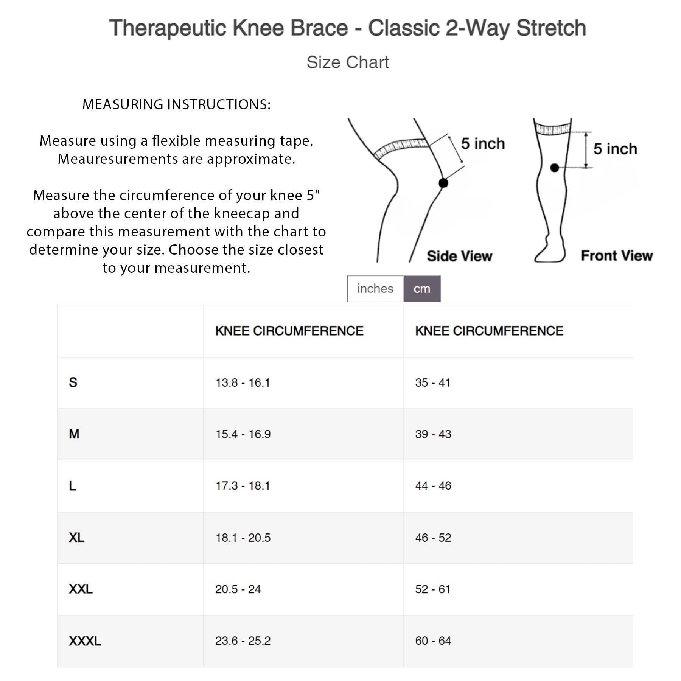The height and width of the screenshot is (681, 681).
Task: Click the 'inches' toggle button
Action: tap(375, 289)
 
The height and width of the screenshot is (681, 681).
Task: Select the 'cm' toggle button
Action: tap(422, 289)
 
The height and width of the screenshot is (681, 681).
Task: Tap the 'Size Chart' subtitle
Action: tap(347, 62)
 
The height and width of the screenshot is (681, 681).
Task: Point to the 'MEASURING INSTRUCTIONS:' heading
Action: tap(176, 104)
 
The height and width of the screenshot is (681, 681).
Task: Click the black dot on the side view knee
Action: tap(443, 183)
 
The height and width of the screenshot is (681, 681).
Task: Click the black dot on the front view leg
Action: tap(554, 168)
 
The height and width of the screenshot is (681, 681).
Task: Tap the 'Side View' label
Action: tap(459, 256)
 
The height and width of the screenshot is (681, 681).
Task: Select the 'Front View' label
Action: tap(617, 256)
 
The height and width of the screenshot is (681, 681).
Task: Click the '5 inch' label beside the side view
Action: tap(483, 144)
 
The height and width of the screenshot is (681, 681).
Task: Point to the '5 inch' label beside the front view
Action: tap(615, 149)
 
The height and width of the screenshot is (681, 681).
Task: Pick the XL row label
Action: tap(76, 537)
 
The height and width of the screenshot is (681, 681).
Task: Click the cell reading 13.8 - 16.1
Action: tap(243, 382)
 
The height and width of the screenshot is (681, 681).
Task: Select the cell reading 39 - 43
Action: tap(433, 434)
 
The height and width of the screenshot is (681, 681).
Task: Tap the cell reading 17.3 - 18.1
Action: tap(243, 485)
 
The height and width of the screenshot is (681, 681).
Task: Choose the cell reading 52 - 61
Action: tap(432, 589)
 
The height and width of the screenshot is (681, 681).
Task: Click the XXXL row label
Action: tap(85, 641)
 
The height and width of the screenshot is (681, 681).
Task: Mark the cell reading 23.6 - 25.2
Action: tap(243, 641)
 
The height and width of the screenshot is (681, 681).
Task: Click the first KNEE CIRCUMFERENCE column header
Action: tap(289, 331)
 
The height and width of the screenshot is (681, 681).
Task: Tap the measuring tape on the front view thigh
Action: tap(553, 129)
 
